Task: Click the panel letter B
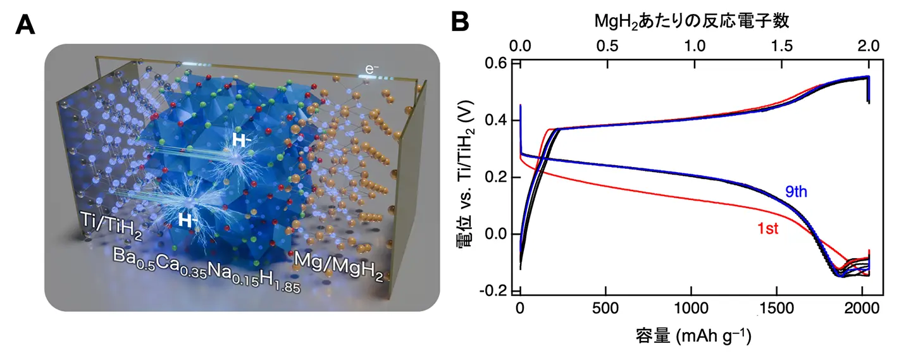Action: [460, 23]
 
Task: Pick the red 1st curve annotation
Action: [767, 230]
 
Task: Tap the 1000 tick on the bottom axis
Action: [691, 310]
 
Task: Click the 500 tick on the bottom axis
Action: [605, 310]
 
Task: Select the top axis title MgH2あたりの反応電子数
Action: [693, 22]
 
